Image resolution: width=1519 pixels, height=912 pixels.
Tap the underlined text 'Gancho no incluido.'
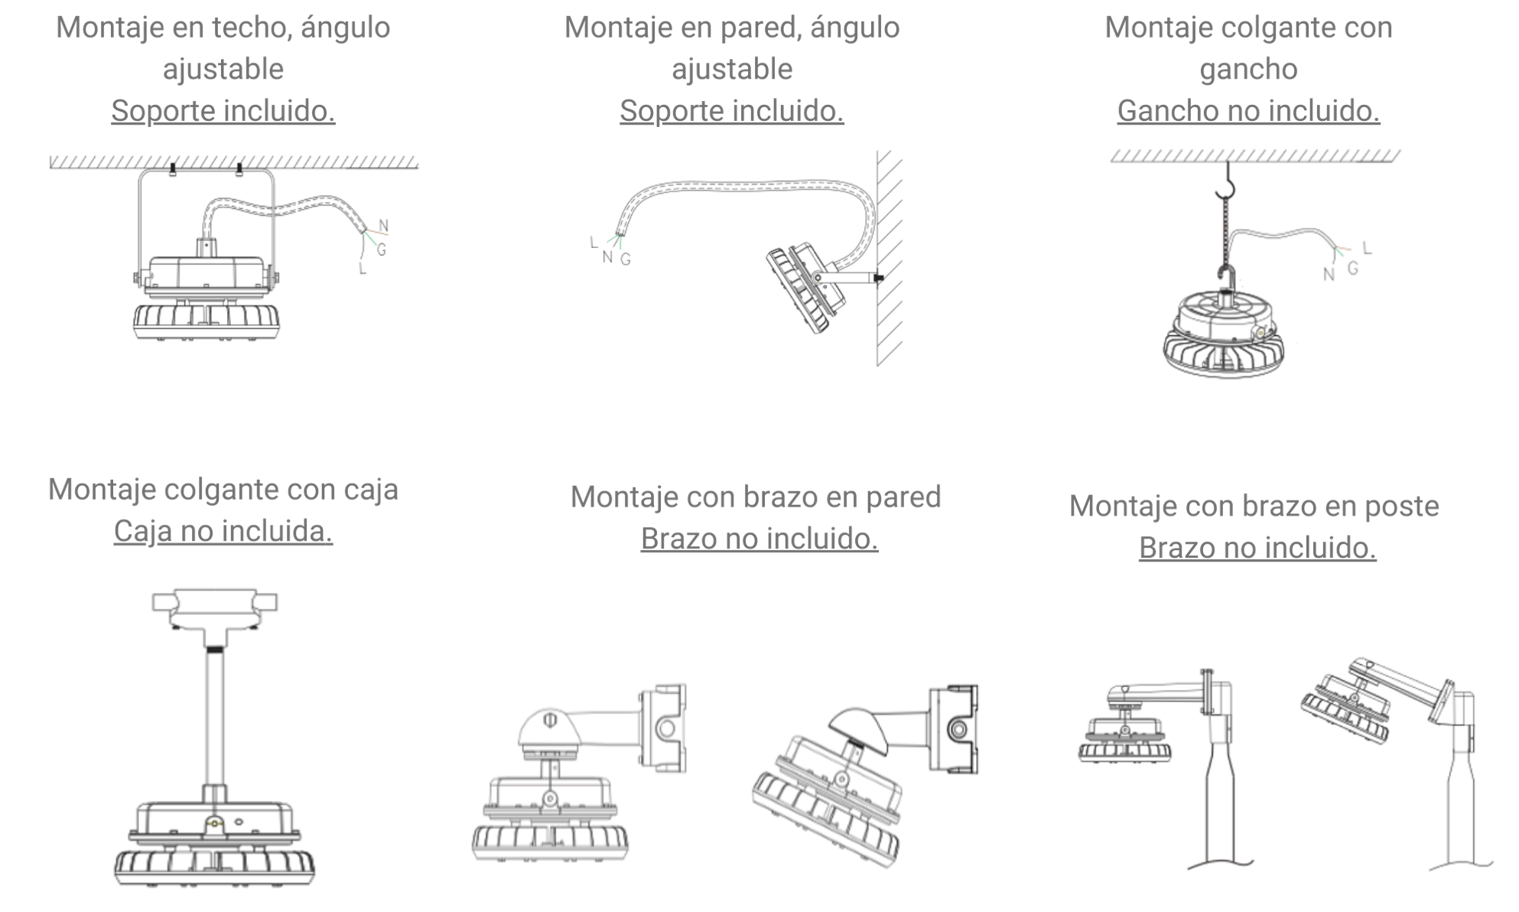tap(1248, 111)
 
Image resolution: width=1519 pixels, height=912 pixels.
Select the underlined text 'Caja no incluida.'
tap(223, 531)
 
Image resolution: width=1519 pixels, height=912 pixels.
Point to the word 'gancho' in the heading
tap(1248, 70)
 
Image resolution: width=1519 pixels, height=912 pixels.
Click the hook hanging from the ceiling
tap(1227, 186)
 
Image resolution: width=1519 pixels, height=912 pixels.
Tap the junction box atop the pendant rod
tap(213, 608)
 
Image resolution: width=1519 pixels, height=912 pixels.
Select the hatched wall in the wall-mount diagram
tap(890, 260)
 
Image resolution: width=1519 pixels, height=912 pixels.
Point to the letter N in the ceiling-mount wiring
tap(384, 225)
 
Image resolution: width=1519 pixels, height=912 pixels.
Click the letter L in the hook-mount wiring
tap(1367, 248)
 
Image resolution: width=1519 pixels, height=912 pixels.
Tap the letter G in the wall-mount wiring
tap(626, 259)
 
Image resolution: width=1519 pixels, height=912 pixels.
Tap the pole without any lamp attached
tap(1460, 811)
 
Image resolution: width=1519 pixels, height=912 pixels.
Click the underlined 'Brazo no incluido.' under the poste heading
tap(1257, 548)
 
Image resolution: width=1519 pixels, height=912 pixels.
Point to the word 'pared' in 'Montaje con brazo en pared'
tap(903, 497)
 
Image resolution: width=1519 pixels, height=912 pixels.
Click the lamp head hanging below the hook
tap(1224, 337)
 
